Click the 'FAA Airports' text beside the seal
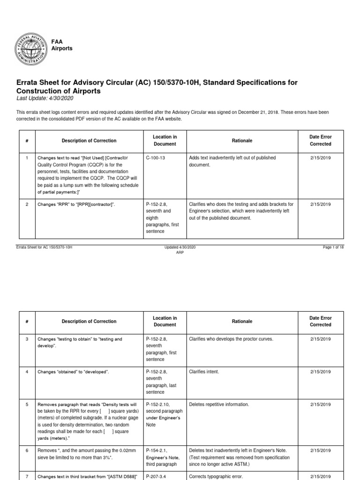pos(62,45)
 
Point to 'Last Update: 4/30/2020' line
pos(45,98)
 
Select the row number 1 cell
pos(27,158)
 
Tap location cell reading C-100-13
pos(157,158)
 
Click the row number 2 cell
pos(27,204)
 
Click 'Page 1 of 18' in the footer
pos(333,247)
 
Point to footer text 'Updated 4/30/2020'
pos(180,247)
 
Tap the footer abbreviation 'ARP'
pos(180,252)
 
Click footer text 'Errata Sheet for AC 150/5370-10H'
pos(44,247)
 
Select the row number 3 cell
pos(27,338)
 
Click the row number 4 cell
pos(27,371)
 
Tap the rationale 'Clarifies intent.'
pos(204,371)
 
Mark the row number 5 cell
pos(27,404)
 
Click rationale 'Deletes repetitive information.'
pos(218,404)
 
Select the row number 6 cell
pos(27,450)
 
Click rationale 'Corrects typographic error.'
pos(214,476)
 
